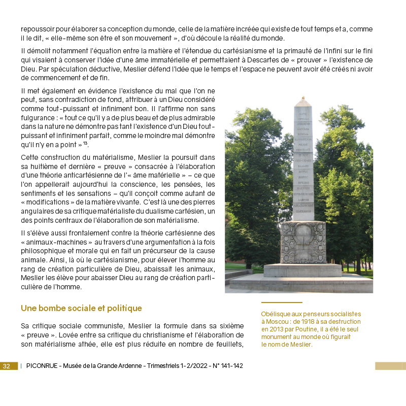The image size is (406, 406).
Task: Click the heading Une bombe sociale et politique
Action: [81, 308]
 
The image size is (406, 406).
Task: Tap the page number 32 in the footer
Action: [7, 366]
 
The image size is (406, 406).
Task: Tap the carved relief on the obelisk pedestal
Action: [303, 242]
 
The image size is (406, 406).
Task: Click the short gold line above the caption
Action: [281, 302]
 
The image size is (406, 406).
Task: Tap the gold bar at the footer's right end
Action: [390, 366]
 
